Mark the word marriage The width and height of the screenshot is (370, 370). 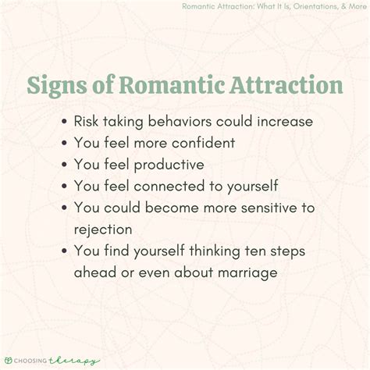click(x=242, y=272)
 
